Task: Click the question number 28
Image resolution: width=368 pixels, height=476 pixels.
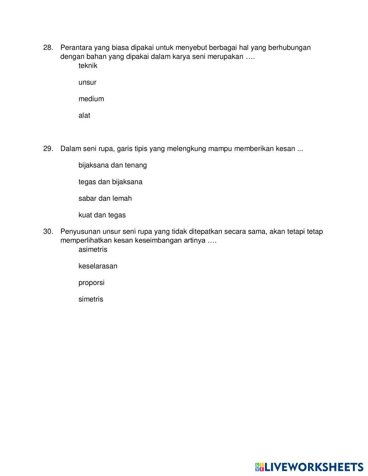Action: coord(48,48)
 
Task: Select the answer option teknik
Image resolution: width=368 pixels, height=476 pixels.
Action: coord(88,66)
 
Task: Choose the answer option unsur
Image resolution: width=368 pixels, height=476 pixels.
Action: coord(87,82)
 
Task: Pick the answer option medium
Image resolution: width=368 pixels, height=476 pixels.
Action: coord(91,99)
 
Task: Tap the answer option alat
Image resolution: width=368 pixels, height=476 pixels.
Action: coord(84,116)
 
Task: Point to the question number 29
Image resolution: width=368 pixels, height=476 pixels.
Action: coord(48,149)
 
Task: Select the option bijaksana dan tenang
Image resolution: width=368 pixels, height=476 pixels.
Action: coord(112,165)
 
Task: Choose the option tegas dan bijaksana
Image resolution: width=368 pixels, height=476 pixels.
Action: coord(110,182)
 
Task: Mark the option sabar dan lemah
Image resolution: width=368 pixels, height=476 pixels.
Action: coord(105,198)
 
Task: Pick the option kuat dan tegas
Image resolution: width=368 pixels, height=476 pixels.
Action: coord(102,215)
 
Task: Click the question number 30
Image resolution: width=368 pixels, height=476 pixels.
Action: coord(48,231)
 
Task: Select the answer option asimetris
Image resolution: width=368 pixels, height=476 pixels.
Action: coord(93,249)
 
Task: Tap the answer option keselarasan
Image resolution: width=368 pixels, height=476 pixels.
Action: coord(98,266)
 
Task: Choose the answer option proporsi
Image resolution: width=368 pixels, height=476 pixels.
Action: coord(91,283)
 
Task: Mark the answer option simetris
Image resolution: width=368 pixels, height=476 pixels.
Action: coord(91,299)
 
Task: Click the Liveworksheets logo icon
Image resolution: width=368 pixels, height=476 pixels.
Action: coord(259,467)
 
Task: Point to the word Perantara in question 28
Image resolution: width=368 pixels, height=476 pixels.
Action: coord(76,48)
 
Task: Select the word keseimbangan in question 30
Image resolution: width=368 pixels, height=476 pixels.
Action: coord(158,241)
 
